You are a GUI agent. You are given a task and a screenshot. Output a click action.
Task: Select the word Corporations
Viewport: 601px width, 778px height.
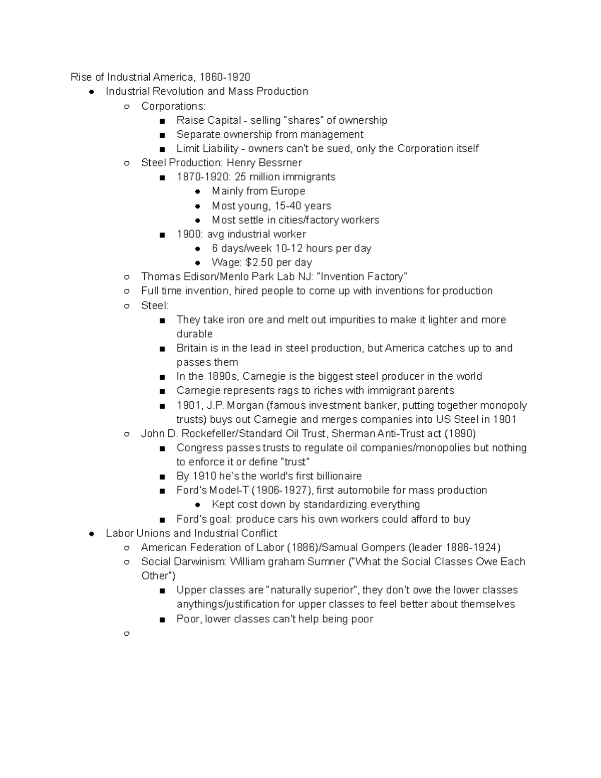[x=173, y=106]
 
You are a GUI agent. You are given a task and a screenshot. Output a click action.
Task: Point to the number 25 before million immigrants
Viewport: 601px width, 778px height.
[x=240, y=177]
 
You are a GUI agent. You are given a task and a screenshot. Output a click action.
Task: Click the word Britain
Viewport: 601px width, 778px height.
[x=192, y=348]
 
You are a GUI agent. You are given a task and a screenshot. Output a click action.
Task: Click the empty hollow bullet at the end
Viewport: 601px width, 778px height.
[x=127, y=634]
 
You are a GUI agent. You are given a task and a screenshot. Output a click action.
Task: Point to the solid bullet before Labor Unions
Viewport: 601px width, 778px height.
[x=92, y=534]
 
